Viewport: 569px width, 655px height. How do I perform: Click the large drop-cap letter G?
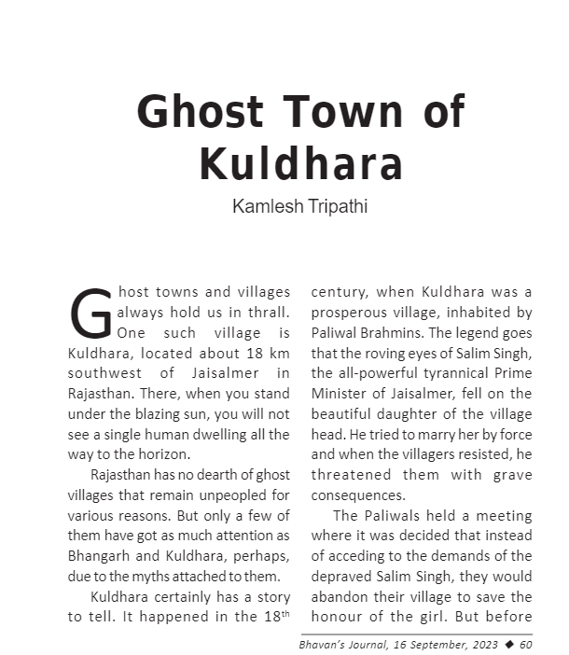point(90,314)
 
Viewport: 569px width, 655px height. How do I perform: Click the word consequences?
point(358,495)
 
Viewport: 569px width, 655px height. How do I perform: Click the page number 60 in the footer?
point(525,643)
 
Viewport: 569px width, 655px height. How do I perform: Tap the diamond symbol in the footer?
point(507,643)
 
